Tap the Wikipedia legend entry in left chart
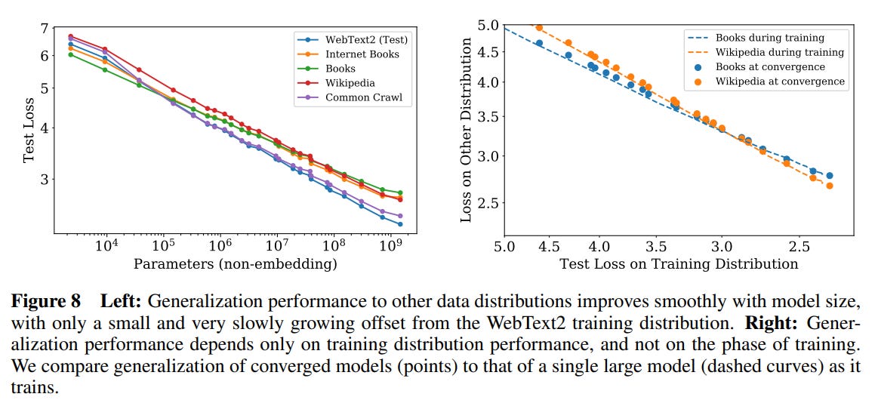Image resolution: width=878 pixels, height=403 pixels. (350, 83)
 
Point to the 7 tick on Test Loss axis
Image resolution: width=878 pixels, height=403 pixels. (45, 29)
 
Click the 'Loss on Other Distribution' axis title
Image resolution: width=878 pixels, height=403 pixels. (467, 130)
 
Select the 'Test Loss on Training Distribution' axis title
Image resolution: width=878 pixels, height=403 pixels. (678, 264)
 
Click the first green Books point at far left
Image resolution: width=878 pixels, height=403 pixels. (70, 54)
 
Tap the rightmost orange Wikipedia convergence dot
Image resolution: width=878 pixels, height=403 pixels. (830, 186)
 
